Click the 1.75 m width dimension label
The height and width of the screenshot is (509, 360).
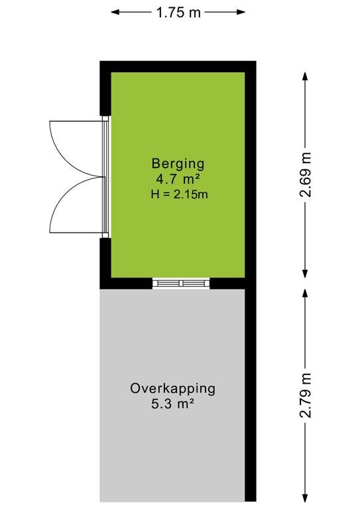tap(178, 13)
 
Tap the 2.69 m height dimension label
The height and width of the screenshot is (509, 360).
tap(306, 175)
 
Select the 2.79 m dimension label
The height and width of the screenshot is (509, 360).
tap(306, 396)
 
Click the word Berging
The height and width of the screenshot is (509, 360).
tap(178, 163)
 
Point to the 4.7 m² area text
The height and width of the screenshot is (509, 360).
tap(177, 179)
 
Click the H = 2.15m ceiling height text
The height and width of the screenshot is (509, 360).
tap(179, 194)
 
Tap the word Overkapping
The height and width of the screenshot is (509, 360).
tap(172, 389)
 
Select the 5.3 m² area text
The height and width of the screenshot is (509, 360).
tap(172, 404)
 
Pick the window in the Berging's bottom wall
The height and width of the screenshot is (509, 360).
tap(181, 283)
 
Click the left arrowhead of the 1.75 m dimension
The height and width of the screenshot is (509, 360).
tap(115, 13)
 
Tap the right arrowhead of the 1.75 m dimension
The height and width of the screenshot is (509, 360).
tap(241, 13)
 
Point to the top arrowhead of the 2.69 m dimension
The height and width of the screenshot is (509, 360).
tap(305, 76)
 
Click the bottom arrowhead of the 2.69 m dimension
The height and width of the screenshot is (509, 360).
tap(305, 274)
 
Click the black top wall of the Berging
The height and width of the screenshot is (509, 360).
tap(178, 66)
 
